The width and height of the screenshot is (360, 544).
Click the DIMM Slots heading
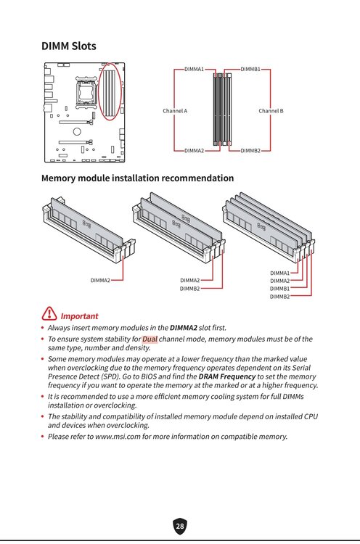pyautogui.click(x=69, y=46)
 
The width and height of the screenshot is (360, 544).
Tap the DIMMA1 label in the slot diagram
pyautogui.click(x=194, y=69)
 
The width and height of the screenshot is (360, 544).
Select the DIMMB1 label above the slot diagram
pyautogui.click(x=250, y=69)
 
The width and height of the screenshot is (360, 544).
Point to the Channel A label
pyautogui.click(x=175, y=111)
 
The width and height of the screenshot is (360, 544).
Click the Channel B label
pyautogui.click(x=271, y=111)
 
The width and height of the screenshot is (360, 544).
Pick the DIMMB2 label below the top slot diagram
pyautogui.click(x=250, y=151)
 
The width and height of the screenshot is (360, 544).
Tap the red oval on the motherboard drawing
pyautogui.click(x=110, y=91)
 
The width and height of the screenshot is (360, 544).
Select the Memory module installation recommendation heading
pyautogui.click(x=137, y=178)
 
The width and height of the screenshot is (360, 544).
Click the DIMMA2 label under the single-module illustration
pyautogui.click(x=100, y=280)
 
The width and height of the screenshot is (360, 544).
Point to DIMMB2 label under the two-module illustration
pyautogui.click(x=190, y=289)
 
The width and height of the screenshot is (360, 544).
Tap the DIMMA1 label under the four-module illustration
pyautogui.click(x=279, y=273)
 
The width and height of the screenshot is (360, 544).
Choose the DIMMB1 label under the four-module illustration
pyautogui.click(x=279, y=289)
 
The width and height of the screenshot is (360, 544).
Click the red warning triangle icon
pyautogui.click(x=49, y=313)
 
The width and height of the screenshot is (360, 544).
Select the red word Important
pyautogui.click(x=80, y=316)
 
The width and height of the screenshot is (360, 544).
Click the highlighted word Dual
pyautogui.click(x=150, y=339)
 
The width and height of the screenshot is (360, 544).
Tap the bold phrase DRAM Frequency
pyautogui.click(x=227, y=376)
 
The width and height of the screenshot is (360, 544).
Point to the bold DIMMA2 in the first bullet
pyautogui.click(x=184, y=328)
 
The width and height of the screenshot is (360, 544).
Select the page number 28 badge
pyautogui.click(x=180, y=526)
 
